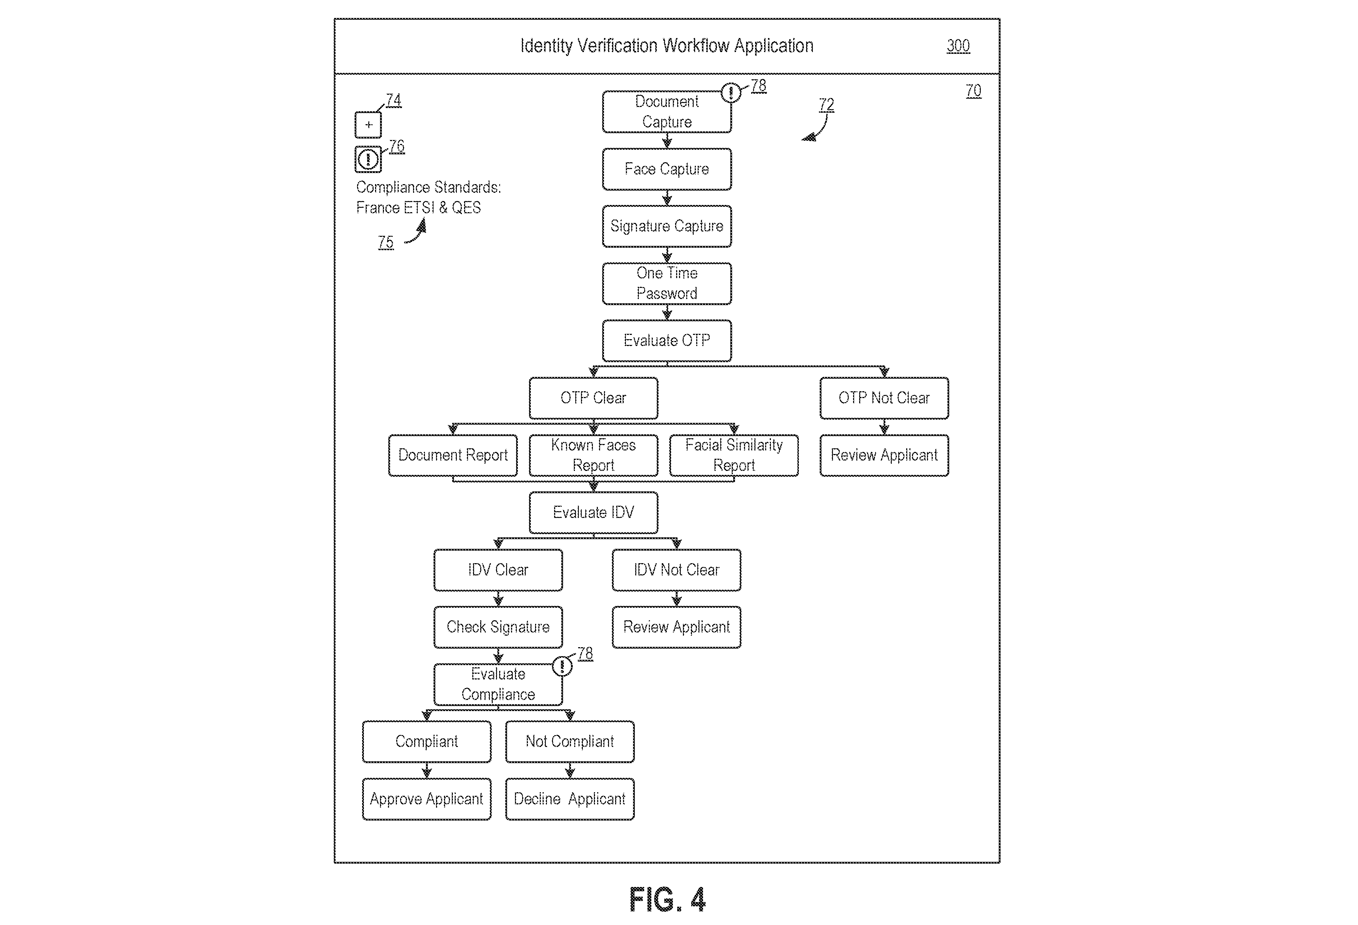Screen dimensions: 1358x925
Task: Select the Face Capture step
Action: click(x=667, y=169)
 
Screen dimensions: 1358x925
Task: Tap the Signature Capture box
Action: click(x=667, y=226)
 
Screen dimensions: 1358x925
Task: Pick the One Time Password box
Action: click(x=667, y=284)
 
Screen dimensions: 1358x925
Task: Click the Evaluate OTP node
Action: click(x=667, y=341)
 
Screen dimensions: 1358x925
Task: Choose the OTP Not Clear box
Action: click(x=884, y=398)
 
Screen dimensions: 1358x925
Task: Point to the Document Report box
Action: click(x=453, y=455)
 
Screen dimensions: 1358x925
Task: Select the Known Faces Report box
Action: click(x=593, y=455)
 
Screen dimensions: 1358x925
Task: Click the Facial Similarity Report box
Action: click(x=734, y=455)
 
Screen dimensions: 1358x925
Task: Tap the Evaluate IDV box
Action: click(x=593, y=513)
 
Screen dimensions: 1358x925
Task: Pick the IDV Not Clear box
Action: click(x=676, y=570)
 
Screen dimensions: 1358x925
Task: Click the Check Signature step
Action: click(x=498, y=627)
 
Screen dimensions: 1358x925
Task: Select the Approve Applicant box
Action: click(x=427, y=799)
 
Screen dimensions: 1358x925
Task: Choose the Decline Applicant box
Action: click(x=570, y=799)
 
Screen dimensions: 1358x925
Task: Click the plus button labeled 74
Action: click(x=368, y=125)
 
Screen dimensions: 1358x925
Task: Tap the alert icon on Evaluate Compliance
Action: click(x=562, y=666)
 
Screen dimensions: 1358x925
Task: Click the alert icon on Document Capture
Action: click(x=731, y=92)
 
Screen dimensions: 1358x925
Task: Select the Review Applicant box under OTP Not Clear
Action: click(x=884, y=455)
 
